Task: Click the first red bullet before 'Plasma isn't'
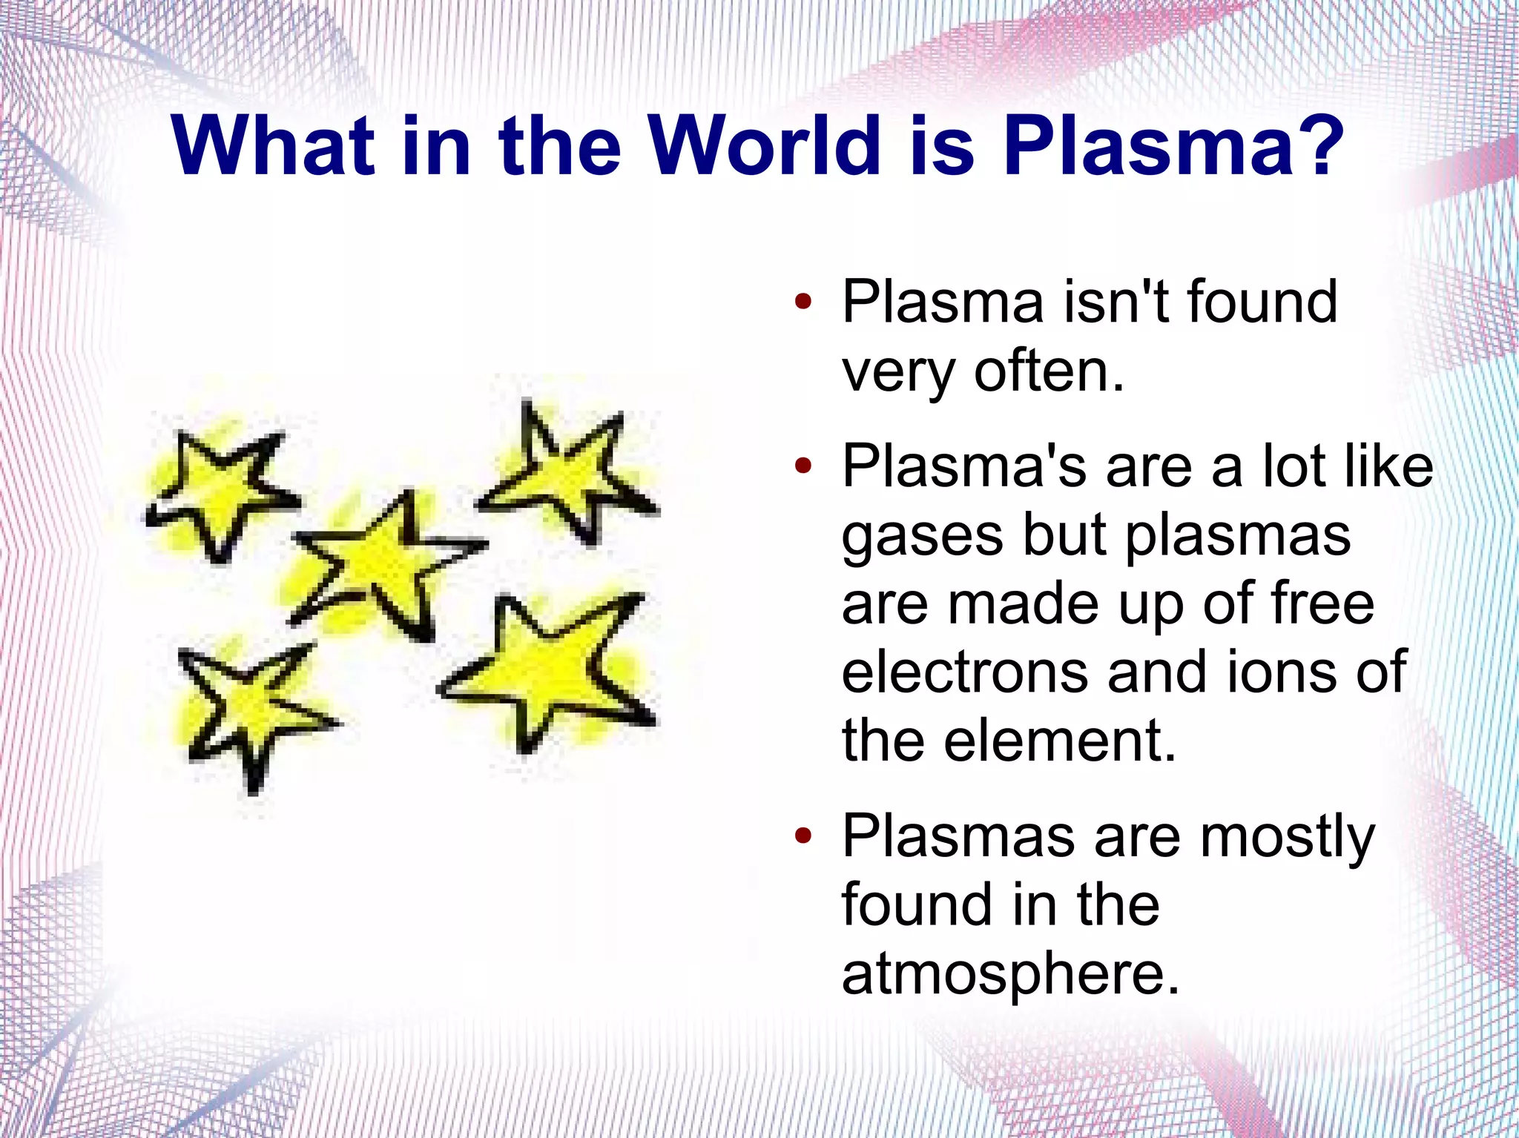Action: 803,302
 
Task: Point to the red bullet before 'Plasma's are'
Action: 803,467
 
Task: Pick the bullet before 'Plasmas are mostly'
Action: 803,837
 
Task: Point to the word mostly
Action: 1288,837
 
